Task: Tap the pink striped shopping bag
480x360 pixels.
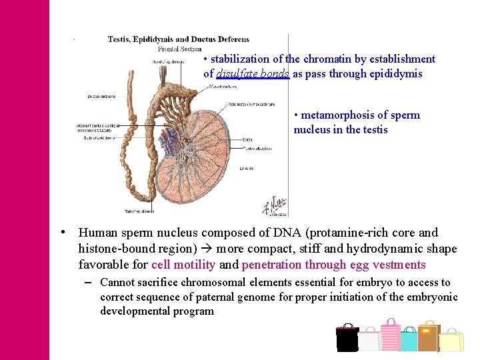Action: [x=390, y=336]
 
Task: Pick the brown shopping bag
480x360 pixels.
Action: [x=428, y=337]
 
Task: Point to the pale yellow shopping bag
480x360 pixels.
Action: [x=451, y=341]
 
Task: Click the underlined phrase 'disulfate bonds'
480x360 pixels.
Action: [x=253, y=74]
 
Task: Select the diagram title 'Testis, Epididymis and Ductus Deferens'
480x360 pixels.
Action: [x=178, y=39]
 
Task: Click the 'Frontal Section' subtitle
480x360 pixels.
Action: [x=180, y=49]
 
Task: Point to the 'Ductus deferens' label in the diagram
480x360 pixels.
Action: [x=101, y=97]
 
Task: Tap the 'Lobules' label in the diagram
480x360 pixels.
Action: [x=245, y=169]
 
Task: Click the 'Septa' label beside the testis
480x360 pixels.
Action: [x=247, y=139]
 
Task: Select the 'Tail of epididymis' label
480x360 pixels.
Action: [x=139, y=211]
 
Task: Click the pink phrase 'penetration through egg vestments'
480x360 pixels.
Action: [x=333, y=265]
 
